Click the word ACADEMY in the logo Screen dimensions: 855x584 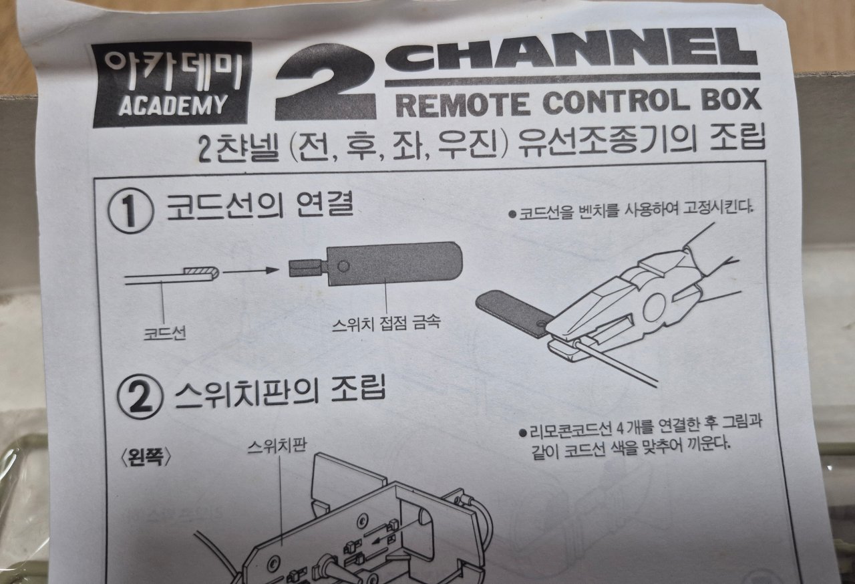(173, 105)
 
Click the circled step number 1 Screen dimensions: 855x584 (131, 210)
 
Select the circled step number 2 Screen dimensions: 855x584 (140, 397)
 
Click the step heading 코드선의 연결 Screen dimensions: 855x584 (261, 207)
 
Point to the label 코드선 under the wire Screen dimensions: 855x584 (165, 333)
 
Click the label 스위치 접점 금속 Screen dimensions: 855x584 (386, 324)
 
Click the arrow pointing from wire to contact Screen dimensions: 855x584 (250, 271)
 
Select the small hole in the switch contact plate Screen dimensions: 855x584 (343, 267)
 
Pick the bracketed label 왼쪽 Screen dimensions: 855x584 (146, 456)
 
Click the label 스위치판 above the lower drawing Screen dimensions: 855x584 (277, 446)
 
